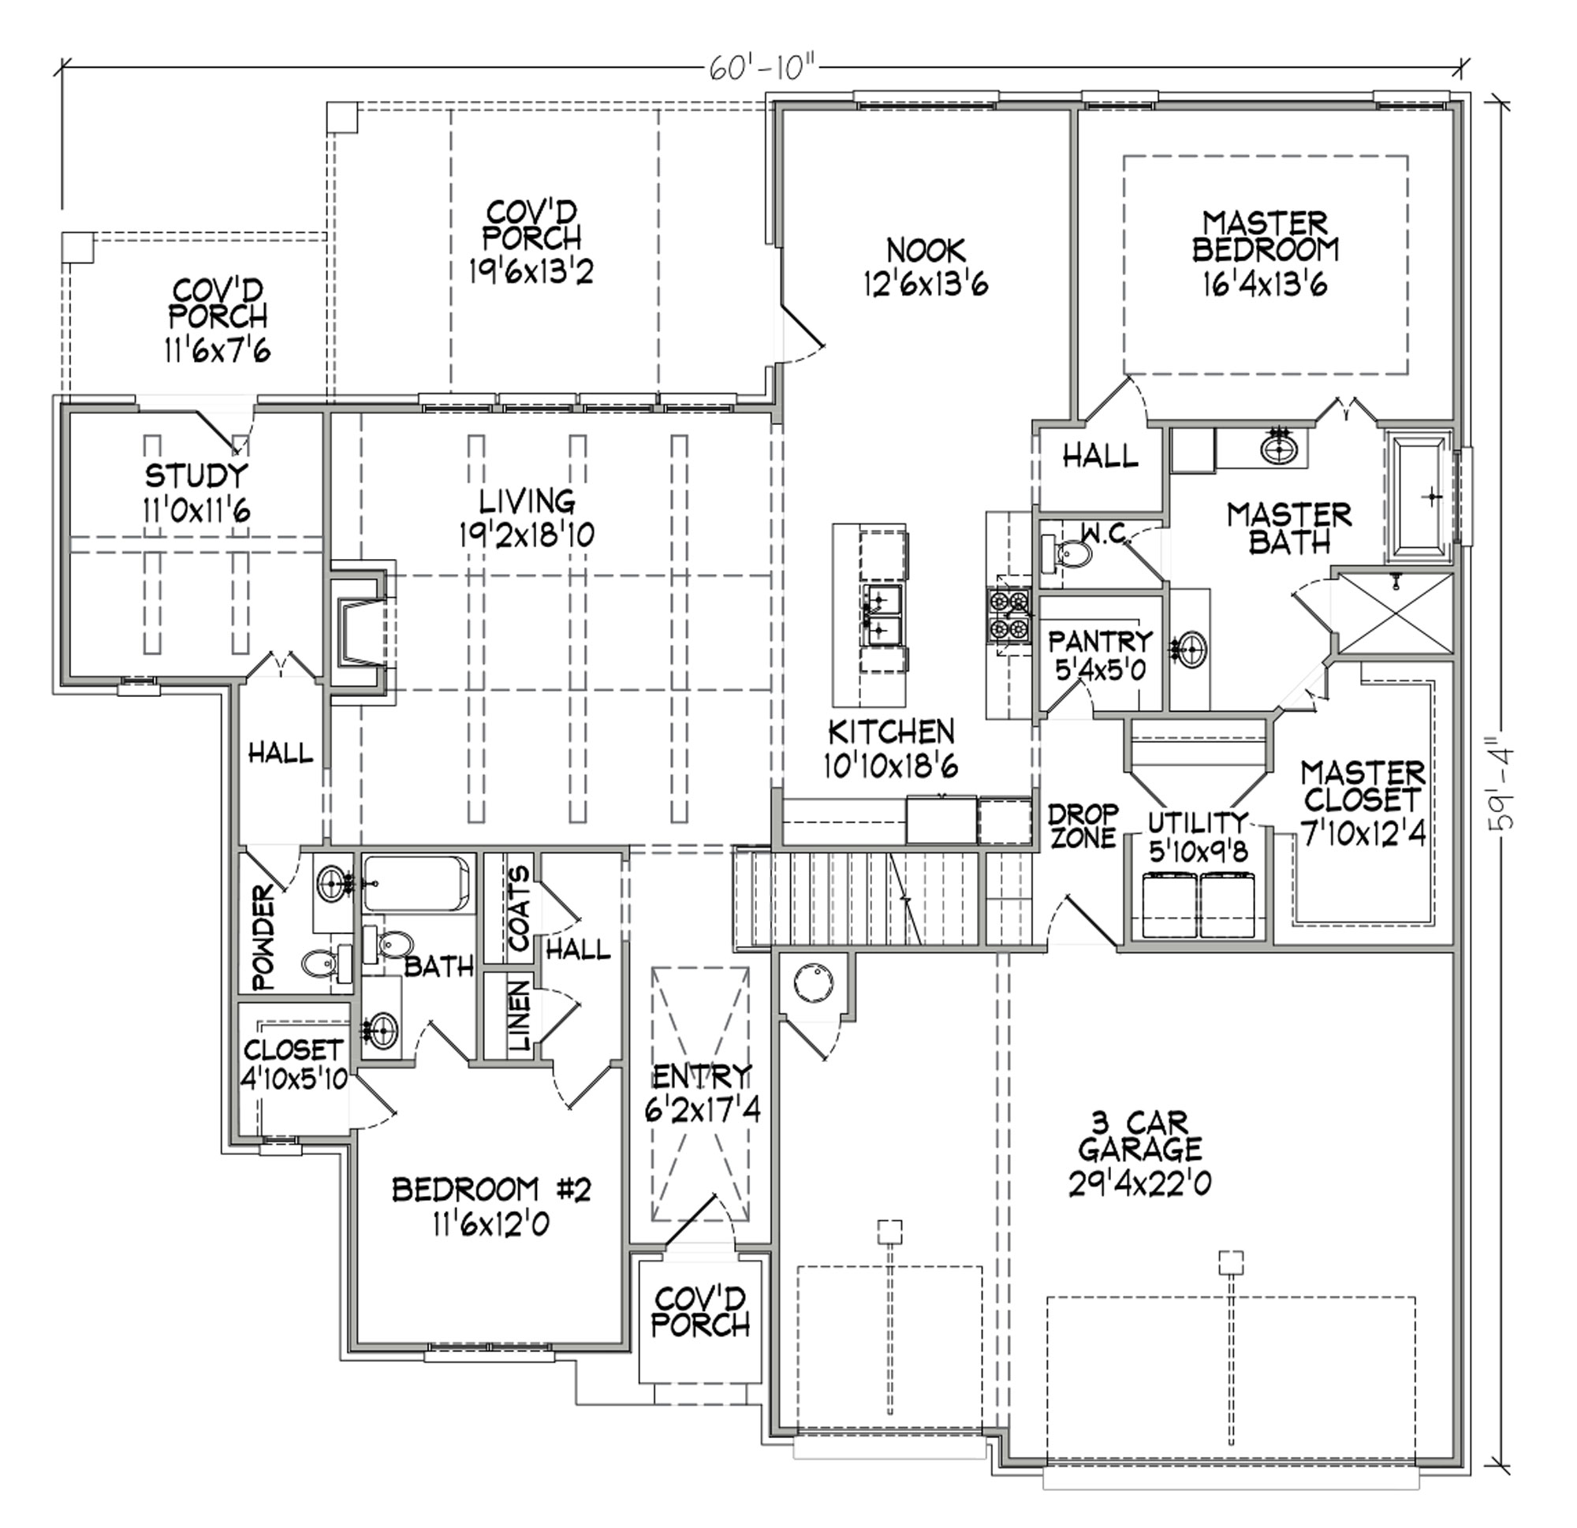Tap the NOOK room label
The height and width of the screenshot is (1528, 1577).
[x=925, y=249]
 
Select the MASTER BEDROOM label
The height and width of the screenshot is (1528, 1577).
[x=1266, y=236]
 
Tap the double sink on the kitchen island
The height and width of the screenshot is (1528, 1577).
[x=881, y=616]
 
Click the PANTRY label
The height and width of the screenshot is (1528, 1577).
[x=1100, y=641]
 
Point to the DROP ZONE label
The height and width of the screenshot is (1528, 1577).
[x=1083, y=825]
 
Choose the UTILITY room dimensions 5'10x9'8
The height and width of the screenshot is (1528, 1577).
[x=1197, y=852]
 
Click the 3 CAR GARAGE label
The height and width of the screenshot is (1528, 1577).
[x=1141, y=1135]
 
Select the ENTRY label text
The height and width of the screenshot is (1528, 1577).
[x=702, y=1075]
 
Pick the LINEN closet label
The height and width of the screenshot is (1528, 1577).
[x=520, y=1016]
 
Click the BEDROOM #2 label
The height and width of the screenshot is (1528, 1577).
[x=490, y=1189]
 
